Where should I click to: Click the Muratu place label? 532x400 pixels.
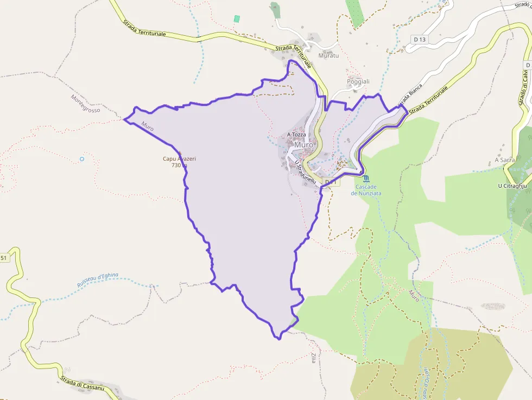click(328, 55)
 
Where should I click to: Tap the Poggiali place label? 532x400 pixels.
click(358, 81)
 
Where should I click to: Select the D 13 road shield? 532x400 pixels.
click(419, 39)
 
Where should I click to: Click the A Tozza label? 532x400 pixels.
click(296, 135)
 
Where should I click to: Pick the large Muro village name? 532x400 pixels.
click(304, 145)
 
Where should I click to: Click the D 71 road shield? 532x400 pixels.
click(332, 182)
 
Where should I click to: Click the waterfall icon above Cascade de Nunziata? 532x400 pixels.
click(366, 178)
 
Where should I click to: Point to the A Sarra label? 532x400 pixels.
click(504, 160)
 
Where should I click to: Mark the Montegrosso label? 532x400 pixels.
click(86, 103)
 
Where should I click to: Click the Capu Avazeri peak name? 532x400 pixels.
click(179, 158)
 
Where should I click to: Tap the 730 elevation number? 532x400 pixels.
click(176, 165)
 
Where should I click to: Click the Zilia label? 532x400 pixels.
click(313, 358)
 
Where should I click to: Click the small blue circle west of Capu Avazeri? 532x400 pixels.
click(82, 159)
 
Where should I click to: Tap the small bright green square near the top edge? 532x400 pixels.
click(237, 19)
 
